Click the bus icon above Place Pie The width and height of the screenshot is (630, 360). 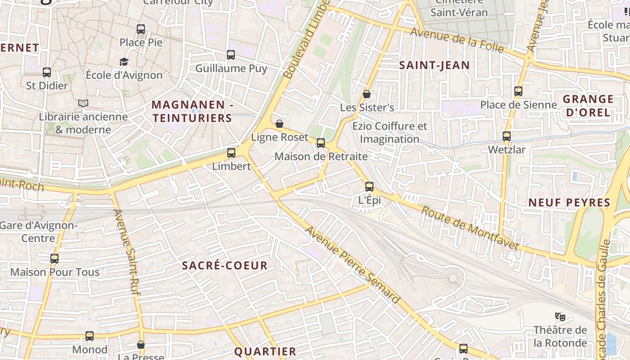[x=141, y=29]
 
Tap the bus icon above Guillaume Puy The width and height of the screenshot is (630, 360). [x=231, y=55]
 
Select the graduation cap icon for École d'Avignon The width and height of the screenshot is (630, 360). [x=124, y=62]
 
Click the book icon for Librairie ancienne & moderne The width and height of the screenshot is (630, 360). [x=83, y=103]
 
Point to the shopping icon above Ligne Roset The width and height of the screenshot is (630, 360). [x=279, y=124]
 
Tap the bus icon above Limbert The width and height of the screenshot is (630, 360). [x=231, y=153]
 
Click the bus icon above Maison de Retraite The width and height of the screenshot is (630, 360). [x=321, y=143]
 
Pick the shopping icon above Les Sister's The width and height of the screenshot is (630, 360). [x=367, y=94]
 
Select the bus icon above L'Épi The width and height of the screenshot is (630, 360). [x=369, y=186]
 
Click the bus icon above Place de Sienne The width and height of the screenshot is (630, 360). [x=518, y=91]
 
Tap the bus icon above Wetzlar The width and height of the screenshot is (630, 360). [x=507, y=136]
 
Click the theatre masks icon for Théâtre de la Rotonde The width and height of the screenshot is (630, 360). [x=560, y=316]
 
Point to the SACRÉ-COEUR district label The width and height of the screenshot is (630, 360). [x=225, y=265]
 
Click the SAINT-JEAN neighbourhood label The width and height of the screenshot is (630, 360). [x=434, y=65]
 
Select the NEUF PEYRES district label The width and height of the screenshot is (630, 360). [x=569, y=202]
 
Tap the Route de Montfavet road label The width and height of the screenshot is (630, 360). [x=470, y=228]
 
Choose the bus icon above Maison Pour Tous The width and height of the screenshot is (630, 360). [x=54, y=259]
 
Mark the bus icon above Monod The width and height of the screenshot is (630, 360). [x=90, y=336]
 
